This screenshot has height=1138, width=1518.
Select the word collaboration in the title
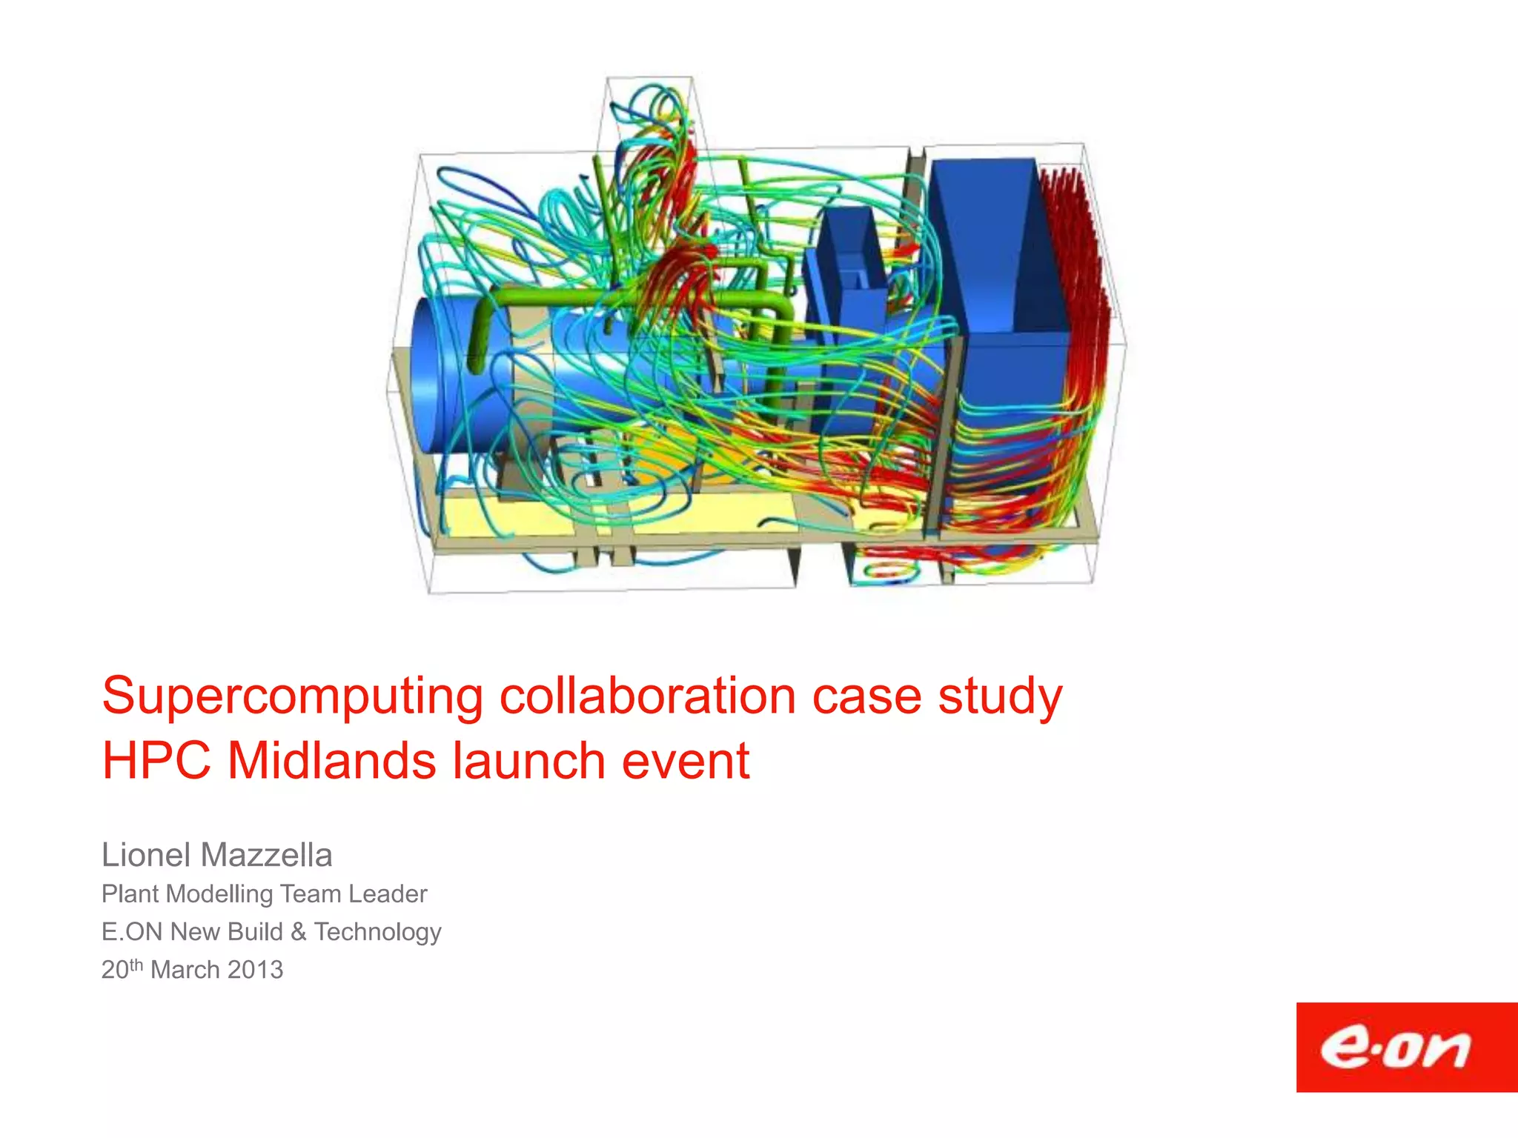click(x=648, y=697)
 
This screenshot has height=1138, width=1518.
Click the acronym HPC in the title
click(x=156, y=762)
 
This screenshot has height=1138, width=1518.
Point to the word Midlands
click(x=331, y=762)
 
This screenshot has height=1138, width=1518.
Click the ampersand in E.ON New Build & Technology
click(x=299, y=932)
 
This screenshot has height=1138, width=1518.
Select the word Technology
click(x=377, y=933)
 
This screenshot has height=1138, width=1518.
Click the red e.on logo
click(x=1406, y=1048)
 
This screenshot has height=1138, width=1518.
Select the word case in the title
click(x=866, y=697)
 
